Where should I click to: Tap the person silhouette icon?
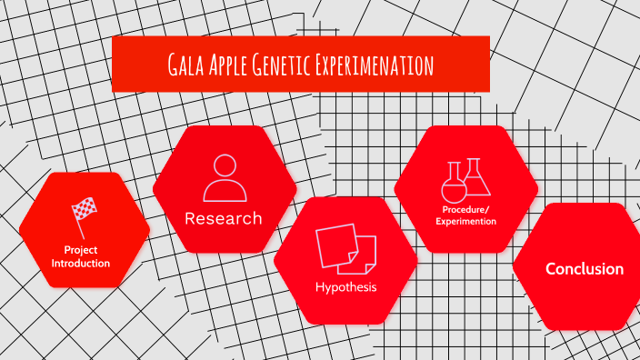tap(225, 178)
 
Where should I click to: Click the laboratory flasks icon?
tap(465, 179)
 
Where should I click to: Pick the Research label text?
tap(224, 218)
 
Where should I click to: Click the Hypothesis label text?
tap(345, 288)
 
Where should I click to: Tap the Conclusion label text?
tap(585, 269)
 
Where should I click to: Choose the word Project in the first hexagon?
tap(81, 249)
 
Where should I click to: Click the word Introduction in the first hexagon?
tap(81, 264)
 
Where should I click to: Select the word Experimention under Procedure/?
tap(465, 221)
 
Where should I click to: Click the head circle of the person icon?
tap(225, 166)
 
